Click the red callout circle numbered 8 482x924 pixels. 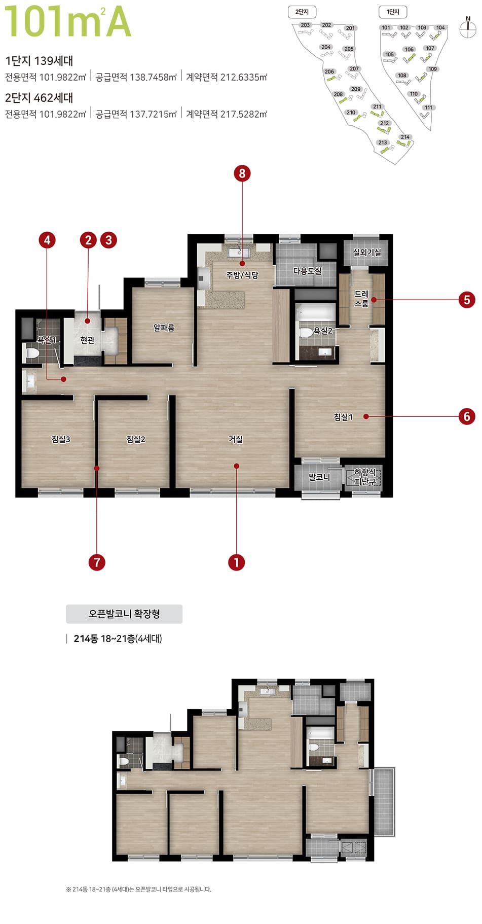(242, 173)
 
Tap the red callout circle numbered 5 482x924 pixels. (467, 300)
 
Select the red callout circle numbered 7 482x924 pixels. (96, 562)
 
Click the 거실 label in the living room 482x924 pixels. (235, 439)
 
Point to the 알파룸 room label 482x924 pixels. (164, 328)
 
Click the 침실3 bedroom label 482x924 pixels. (61, 439)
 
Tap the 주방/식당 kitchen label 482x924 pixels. (242, 275)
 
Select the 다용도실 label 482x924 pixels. (307, 271)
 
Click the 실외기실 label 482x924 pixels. (366, 252)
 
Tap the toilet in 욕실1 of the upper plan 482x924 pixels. (31, 352)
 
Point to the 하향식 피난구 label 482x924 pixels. (364, 477)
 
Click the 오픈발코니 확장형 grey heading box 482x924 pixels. (124, 614)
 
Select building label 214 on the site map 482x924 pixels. (405, 137)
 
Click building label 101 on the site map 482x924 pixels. (386, 28)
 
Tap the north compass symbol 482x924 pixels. (467, 28)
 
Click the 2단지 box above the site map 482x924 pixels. (302, 12)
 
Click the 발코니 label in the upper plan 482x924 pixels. (319, 477)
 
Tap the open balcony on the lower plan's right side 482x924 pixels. (384, 801)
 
